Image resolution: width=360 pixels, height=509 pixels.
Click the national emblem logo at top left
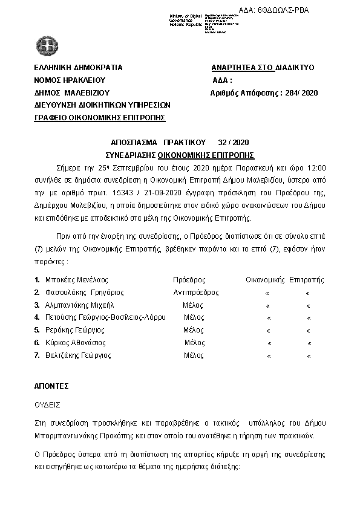(x=45, y=45)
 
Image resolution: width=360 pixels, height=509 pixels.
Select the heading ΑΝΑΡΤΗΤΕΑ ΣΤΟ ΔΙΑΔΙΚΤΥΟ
(x=263, y=68)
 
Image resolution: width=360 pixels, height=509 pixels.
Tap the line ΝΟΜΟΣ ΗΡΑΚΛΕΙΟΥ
(x=70, y=80)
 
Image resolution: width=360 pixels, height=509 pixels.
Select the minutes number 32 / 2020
(x=233, y=142)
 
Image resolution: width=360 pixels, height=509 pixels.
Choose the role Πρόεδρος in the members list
(x=189, y=280)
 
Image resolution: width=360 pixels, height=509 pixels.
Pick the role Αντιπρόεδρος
(x=196, y=293)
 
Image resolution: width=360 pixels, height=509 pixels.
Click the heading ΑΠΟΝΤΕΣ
(x=51, y=386)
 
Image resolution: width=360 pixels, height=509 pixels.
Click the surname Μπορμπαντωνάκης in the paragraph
(x=68, y=436)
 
